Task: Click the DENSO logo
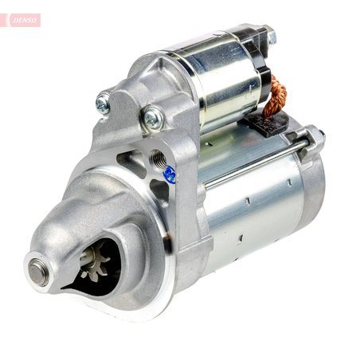[x=22, y=20]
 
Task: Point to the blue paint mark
[x=170, y=174]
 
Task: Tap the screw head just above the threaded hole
[x=151, y=119]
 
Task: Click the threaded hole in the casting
[x=158, y=158]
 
